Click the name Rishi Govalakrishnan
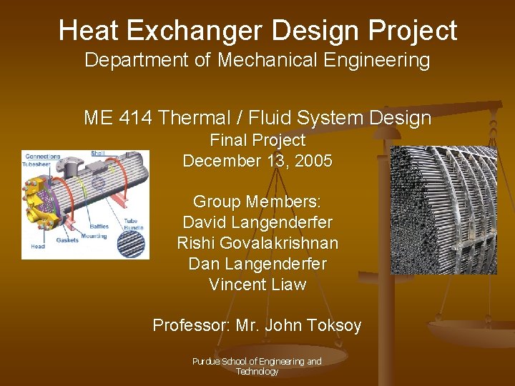(x=257, y=243)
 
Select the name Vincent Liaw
(x=257, y=284)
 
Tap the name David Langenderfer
(x=257, y=222)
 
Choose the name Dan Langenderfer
(x=257, y=264)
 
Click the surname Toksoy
(x=332, y=326)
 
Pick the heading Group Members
(x=257, y=202)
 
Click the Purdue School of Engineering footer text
(x=257, y=366)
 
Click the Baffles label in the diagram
(x=99, y=226)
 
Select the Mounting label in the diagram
(x=94, y=235)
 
